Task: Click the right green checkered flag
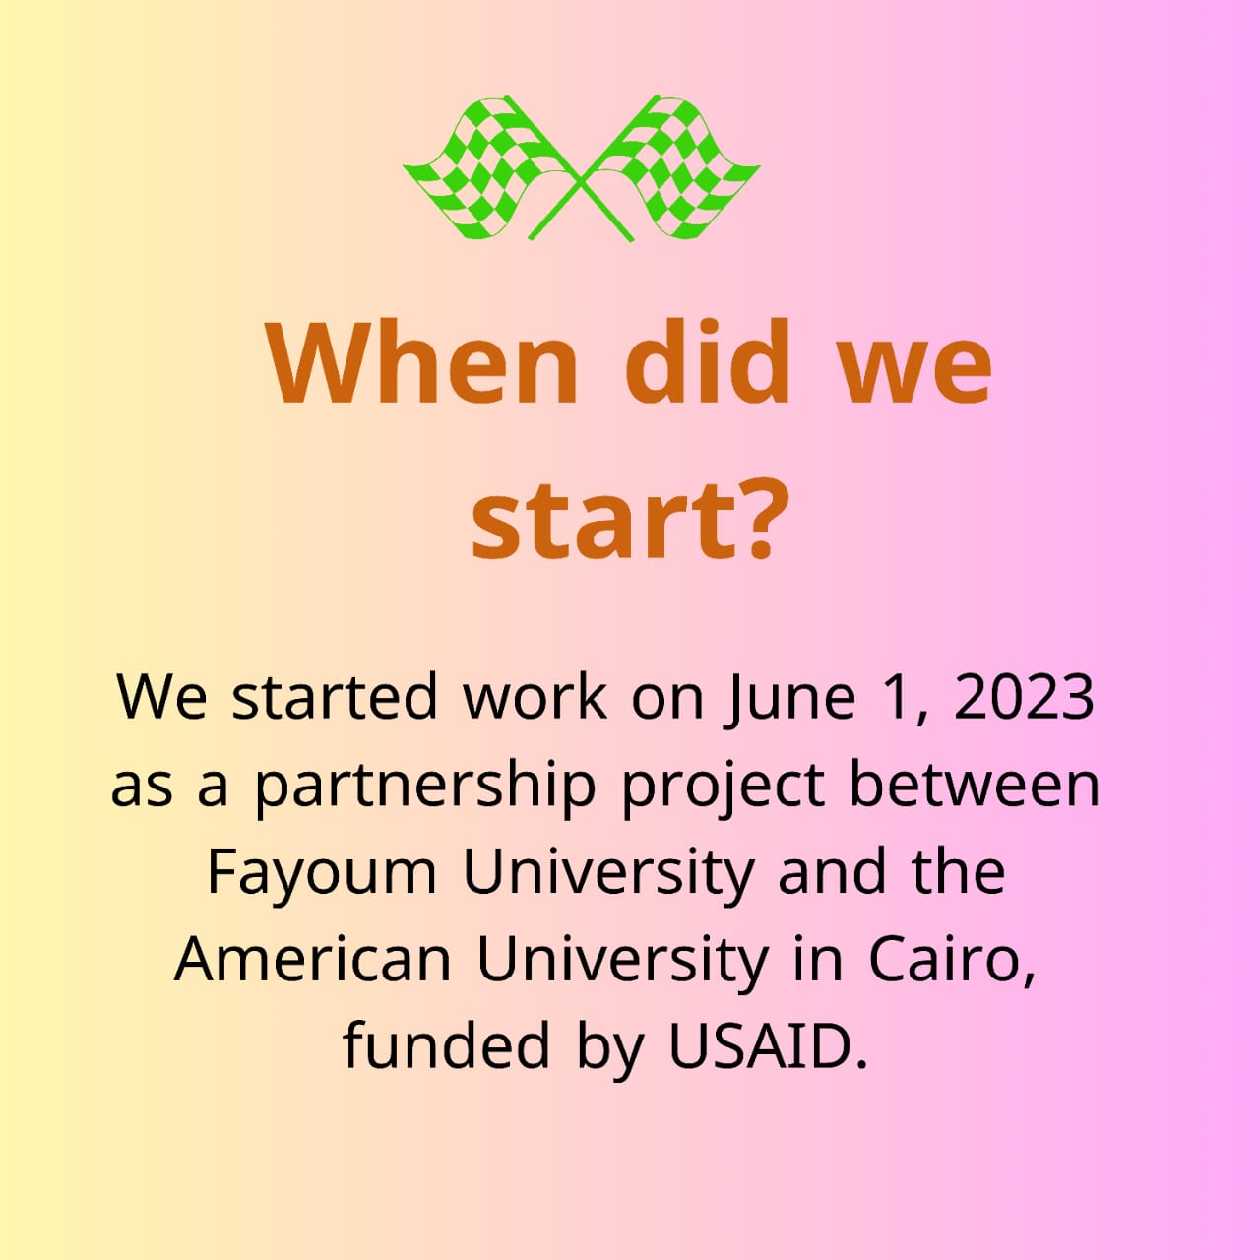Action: pos(677,166)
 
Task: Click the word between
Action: pos(975,784)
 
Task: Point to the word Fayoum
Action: pos(322,873)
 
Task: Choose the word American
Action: pos(313,960)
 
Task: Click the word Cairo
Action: pos(952,961)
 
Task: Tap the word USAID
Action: pos(768,1047)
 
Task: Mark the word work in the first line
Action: pos(535,697)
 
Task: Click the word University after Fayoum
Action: pos(607,873)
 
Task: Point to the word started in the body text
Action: pos(335,697)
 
